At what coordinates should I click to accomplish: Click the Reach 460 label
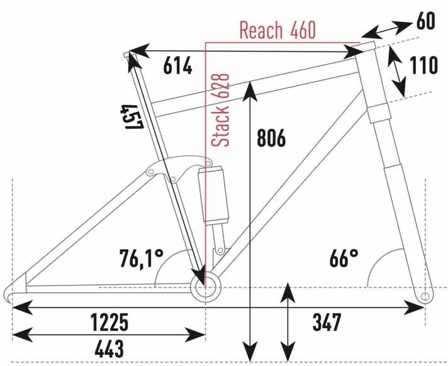(277, 30)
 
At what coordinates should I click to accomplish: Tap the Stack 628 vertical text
(220, 110)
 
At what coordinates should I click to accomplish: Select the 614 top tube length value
(177, 65)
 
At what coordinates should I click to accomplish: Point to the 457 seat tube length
(131, 117)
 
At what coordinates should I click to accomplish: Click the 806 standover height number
(271, 138)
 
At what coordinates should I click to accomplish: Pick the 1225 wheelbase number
(109, 322)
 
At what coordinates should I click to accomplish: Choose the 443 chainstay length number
(109, 348)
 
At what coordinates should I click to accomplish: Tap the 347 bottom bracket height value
(327, 322)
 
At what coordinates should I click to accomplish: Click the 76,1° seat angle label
(142, 258)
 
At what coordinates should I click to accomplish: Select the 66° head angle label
(344, 258)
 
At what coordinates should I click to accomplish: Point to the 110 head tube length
(423, 65)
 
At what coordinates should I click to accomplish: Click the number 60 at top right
(425, 21)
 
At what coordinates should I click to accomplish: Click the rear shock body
(214, 196)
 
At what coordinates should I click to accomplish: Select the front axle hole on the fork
(425, 296)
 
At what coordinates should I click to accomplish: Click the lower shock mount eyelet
(220, 250)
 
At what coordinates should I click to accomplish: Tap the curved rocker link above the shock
(179, 169)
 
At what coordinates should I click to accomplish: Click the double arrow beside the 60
(387, 29)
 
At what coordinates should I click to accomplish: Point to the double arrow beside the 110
(396, 71)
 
